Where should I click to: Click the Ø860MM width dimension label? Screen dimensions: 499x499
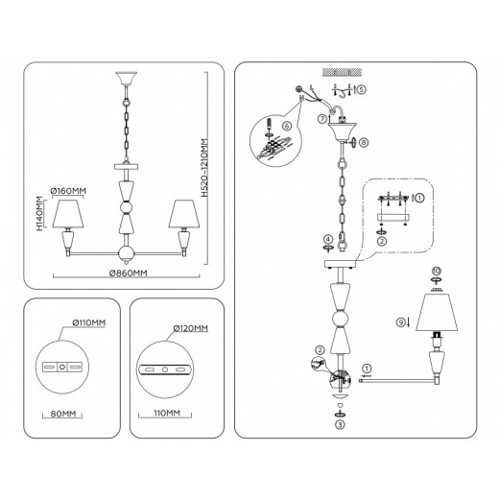[x=129, y=273]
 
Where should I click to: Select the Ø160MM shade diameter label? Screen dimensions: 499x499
[x=68, y=191]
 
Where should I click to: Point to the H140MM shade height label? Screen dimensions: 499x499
[x=38, y=213]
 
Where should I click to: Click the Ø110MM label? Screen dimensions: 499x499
[x=89, y=322]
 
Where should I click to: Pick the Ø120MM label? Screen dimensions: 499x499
[x=190, y=328]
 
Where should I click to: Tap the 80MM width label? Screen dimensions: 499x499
[x=63, y=414]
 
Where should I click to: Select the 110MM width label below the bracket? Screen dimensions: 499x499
[x=167, y=413]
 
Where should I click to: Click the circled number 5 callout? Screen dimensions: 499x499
[x=361, y=89]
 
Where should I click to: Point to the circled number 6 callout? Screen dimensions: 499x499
[x=287, y=126]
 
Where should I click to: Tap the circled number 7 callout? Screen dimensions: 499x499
[x=322, y=119]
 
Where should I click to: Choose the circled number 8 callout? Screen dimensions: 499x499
[x=364, y=142]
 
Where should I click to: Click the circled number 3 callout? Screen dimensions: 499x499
[x=340, y=425]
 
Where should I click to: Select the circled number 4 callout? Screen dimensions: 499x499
[x=328, y=239]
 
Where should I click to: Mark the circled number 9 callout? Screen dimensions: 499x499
[x=401, y=322]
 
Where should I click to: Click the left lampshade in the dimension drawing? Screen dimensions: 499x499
[x=68, y=214]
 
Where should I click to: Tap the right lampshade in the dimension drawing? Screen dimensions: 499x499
[x=184, y=214]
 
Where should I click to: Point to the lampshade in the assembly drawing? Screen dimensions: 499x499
[x=437, y=312]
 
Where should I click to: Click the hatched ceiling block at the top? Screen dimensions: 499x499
[x=342, y=72]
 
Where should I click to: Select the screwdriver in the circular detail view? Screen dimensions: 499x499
[x=269, y=124]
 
